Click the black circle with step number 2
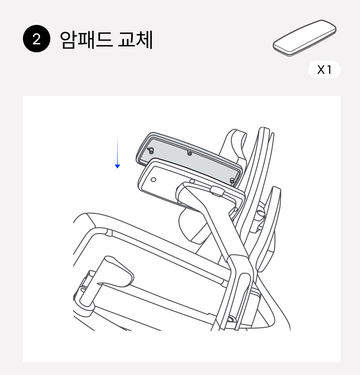pyautogui.click(x=37, y=38)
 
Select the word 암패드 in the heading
pyautogui.click(x=86, y=40)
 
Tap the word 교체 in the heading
pyautogui.click(x=135, y=40)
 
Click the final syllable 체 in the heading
pyautogui.click(x=145, y=40)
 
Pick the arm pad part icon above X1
pyautogui.click(x=304, y=38)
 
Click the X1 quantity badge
pyautogui.click(x=324, y=70)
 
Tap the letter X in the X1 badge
pyautogui.click(x=321, y=70)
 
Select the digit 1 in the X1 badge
pyautogui.click(x=330, y=70)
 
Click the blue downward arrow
pyautogui.click(x=117, y=152)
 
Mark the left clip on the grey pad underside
pyautogui.click(x=151, y=151)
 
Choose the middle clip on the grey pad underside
pyautogui.click(x=189, y=153)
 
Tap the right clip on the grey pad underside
pyautogui.click(x=232, y=181)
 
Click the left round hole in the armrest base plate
pyautogui.click(x=154, y=179)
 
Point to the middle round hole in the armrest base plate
pyautogui.click(x=192, y=182)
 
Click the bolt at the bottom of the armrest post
pyautogui.click(x=231, y=319)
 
